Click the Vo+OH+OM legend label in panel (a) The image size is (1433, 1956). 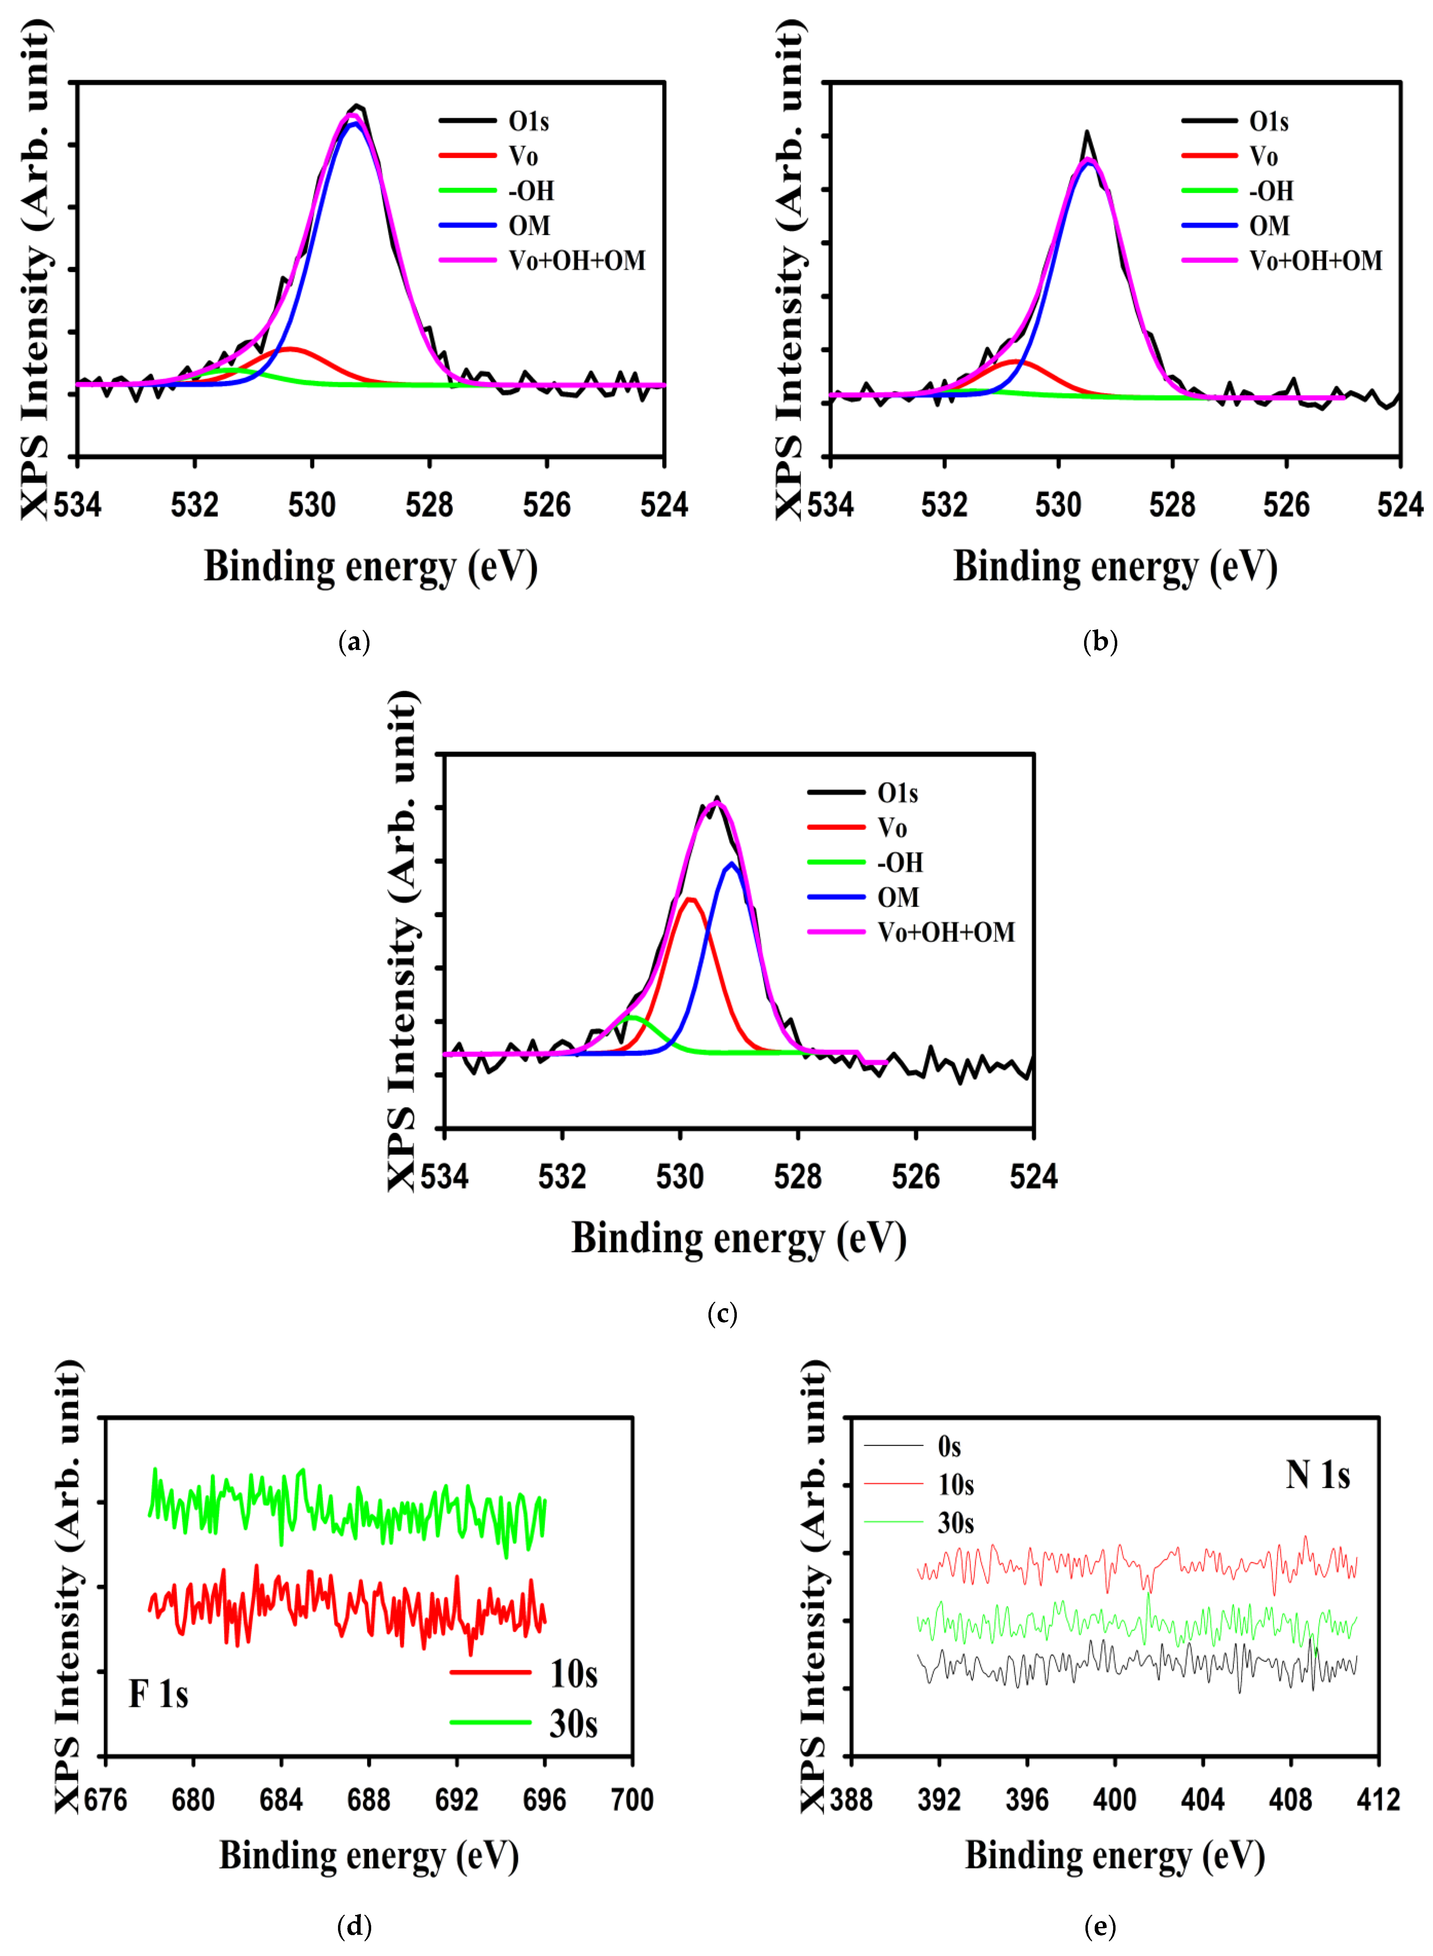577,260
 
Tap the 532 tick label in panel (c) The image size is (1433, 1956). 562,1176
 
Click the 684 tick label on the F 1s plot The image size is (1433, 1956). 280,1800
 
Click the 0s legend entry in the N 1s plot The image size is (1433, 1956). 949,1446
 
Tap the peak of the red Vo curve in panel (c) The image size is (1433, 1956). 690,900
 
